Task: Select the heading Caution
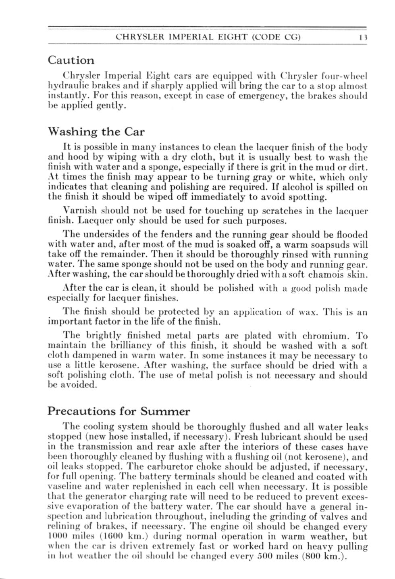click(71, 61)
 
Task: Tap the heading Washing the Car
click(96, 132)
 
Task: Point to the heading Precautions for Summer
click(118, 412)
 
